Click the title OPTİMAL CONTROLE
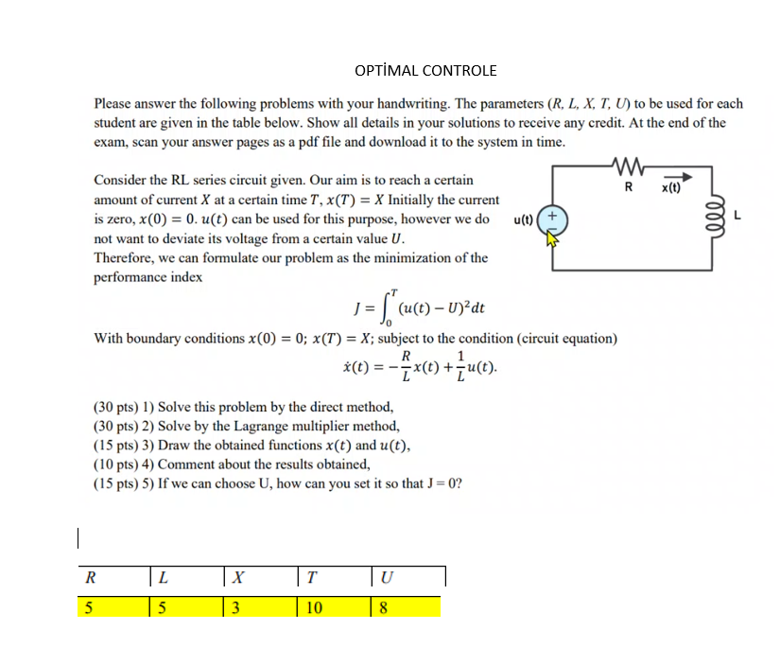(425, 70)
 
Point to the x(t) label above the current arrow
(671, 187)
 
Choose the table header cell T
(312, 577)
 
